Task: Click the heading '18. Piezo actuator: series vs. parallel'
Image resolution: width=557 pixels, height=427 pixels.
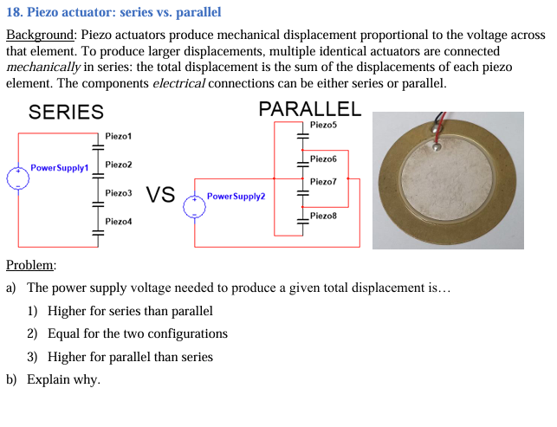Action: pyautogui.click(x=113, y=13)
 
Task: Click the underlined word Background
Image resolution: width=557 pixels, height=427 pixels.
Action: pyautogui.click(x=41, y=36)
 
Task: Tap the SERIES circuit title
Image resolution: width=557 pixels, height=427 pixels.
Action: pyautogui.click(x=66, y=112)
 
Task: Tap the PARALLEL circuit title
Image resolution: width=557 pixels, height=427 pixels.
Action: pyautogui.click(x=309, y=109)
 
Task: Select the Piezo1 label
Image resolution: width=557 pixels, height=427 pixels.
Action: pyautogui.click(x=119, y=136)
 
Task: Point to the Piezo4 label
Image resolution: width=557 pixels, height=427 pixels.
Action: pyautogui.click(x=119, y=222)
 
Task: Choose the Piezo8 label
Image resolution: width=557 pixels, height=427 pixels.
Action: pyautogui.click(x=323, y=215)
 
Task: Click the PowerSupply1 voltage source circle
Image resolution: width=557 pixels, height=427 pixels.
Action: pyautogui.click(x=17, y=178)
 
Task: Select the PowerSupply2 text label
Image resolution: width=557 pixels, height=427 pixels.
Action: pyautogui.click(x=236, y=197)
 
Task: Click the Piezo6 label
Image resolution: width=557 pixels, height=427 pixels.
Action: pyautogui.click(x=323, y=159)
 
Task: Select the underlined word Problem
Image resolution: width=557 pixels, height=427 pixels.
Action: pyautogui.click(x=30, y=265)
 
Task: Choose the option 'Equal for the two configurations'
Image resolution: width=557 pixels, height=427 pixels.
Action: pyautogui.click(x=138, y=333)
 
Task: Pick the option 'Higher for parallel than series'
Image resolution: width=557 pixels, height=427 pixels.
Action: pyautogui.click(x=130, y=356)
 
